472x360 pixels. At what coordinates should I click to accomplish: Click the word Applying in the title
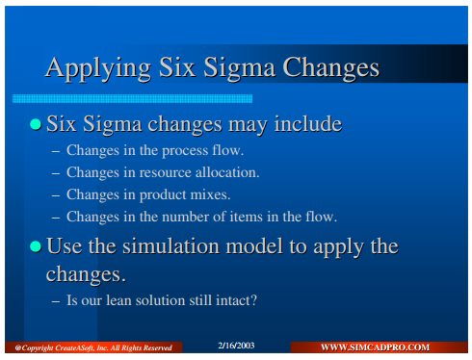98,68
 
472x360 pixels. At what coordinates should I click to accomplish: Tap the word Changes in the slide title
330,68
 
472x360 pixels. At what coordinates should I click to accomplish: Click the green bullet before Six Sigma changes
36,124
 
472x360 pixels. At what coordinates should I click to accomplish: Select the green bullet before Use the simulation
36,246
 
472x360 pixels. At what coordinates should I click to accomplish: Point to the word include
308,123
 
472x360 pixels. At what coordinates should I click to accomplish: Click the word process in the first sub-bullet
185,151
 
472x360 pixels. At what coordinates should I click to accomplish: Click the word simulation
171,246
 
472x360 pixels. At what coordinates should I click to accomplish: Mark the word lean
118,300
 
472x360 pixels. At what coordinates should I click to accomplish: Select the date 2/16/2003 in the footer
236,346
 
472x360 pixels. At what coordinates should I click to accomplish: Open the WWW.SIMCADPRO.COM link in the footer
375,347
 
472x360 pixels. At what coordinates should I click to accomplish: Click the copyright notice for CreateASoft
93,347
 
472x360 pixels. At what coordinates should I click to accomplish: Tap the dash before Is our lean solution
56,301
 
